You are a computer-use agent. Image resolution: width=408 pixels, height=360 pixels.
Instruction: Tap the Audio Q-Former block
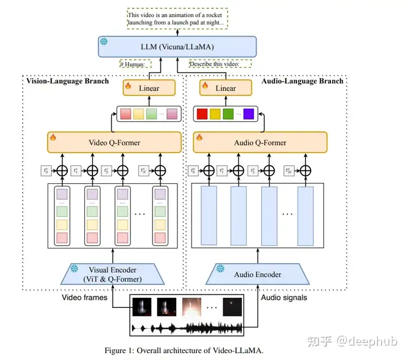[260, 142]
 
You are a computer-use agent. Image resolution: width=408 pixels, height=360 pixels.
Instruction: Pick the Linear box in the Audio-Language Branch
[226, 88]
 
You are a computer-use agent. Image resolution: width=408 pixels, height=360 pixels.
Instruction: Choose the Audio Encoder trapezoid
[258, 275]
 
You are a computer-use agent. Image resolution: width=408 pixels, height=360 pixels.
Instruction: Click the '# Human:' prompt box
[132, 64]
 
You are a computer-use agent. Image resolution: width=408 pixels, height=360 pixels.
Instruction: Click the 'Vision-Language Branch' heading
[67, 81]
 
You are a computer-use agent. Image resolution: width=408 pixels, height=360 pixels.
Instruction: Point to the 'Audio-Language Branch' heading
[303, 81]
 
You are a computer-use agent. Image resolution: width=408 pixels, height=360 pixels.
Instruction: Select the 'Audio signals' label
[284, 297]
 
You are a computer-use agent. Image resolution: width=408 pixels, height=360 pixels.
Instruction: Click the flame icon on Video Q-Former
[53, 137]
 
